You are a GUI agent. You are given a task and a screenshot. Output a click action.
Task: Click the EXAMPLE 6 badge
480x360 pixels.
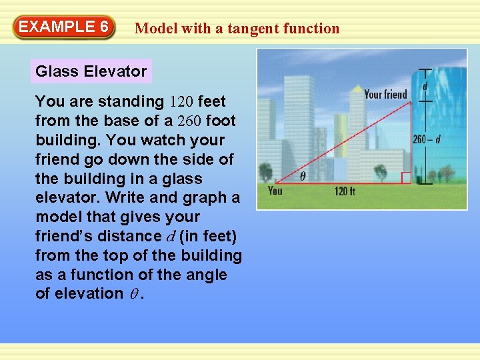[63, 27]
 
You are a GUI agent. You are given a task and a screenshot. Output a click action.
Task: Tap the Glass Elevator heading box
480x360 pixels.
[91, 71]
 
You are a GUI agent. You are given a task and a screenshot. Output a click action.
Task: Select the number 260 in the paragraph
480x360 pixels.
[189, 121]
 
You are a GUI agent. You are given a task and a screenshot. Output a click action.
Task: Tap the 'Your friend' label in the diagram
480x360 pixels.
[385, 94]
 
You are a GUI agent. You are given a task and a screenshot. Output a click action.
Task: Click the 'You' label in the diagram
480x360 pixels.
[275, 191]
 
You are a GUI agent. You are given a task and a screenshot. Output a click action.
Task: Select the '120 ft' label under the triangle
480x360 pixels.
[345, 191]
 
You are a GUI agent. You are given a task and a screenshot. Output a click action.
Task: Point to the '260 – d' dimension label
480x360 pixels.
[427, 139]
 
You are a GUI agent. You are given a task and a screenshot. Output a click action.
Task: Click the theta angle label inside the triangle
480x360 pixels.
[303, 177]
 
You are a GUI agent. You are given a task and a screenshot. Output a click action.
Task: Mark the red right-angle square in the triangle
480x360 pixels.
[406, 178]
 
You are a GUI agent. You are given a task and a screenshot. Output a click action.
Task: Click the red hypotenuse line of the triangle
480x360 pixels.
[347, 140]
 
